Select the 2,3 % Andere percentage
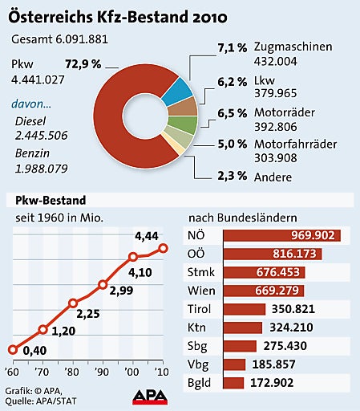tap(233, 176)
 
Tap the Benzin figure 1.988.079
tap(41, 168)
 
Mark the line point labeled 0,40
tap(12, 349)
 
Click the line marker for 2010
tap(163, 248)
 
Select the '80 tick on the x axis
tap(73, 376)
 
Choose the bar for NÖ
tap(281, 236)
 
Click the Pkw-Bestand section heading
tap(46, 199)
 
